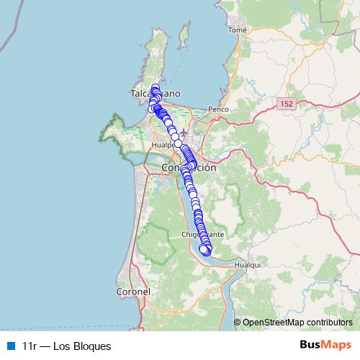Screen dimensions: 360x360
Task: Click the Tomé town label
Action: pyautogui.click(x=237, y=30)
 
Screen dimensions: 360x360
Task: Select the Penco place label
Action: pyautogui.click(x=218, y=109)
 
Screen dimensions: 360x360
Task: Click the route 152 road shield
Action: pyautogui.click(x=287, y=104)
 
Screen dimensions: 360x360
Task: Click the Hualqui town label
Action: pyautogui.click(x=248, y=265)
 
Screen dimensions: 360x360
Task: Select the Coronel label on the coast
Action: pyautogui.click(x=132, y=292)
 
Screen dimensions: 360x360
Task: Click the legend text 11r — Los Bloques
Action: pyautogui.click(x=66, y=346)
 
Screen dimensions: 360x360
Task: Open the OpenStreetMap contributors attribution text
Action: pyautogui.click(x=297, y=322)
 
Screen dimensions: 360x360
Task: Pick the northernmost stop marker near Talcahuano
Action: pyautogui.click(x=155, y=87)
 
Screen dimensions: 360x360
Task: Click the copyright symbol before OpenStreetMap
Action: pyautogui.click(x=238, y=322)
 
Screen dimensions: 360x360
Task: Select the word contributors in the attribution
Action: pyautogui.click(x=328, y=322)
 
